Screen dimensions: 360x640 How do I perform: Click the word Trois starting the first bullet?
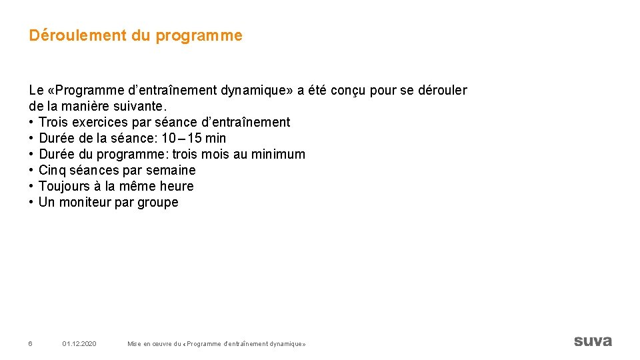(x=53, y=122)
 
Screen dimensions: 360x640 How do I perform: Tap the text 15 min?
(x=206, y=138)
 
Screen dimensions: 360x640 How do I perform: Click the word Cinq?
(x=53, y=170)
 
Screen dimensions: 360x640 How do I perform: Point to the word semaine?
(x=171, y=170)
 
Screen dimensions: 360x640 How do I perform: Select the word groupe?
(x=158, y=202)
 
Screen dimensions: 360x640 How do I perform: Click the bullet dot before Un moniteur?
(x=31, y=202)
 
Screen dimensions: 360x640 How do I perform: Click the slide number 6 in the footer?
(x=30, y=343)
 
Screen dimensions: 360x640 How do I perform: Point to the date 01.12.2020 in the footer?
(x=79, y=343)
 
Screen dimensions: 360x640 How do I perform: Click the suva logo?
(x=592, y=341)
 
